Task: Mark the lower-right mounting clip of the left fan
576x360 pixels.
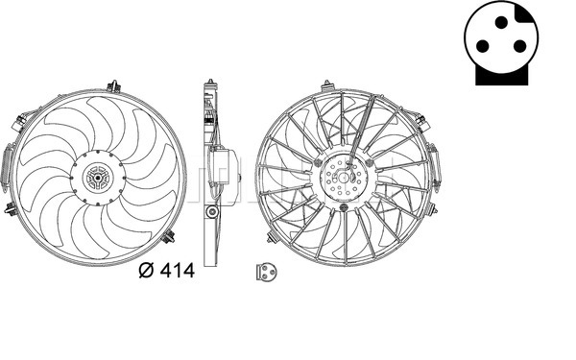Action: [x=170, y=235]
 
